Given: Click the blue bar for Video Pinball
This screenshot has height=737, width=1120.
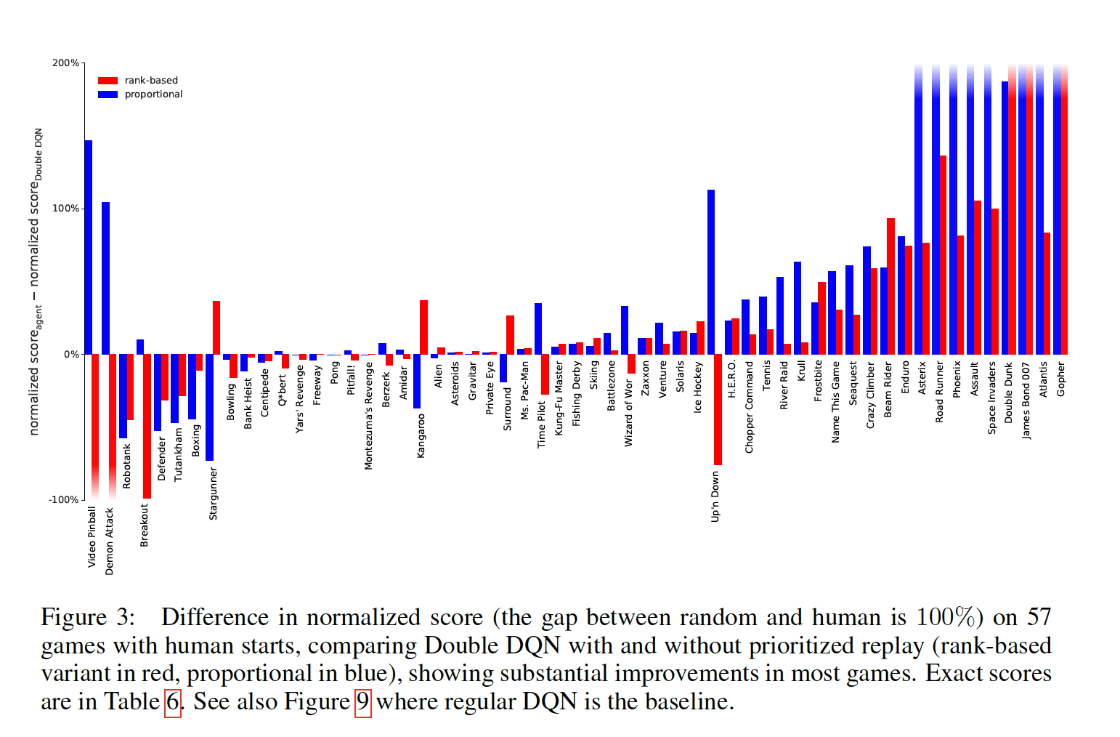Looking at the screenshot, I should [89, 247].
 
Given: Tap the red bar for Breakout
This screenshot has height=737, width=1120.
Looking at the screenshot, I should [147, 426].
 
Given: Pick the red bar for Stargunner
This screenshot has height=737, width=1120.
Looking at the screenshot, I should [216, 328].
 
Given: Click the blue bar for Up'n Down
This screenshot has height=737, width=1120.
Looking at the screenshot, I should [711, 272].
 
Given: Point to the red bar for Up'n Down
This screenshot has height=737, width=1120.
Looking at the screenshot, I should [718, 409].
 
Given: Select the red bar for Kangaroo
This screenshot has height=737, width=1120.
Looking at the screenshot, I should [424, 327].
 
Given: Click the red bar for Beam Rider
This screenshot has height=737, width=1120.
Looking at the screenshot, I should [890, 286].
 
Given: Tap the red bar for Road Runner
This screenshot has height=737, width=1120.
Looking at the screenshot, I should [943, 255].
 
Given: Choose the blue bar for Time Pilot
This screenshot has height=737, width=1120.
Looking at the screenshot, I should [538, 329].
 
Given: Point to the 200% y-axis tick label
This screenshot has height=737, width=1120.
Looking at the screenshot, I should [65, 63].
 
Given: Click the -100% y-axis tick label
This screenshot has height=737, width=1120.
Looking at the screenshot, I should [64, 500].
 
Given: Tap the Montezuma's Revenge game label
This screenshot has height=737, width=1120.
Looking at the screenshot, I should [368, 416].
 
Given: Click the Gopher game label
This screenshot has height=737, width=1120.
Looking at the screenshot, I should [1061, 379].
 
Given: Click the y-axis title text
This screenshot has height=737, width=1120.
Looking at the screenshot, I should [35, 282].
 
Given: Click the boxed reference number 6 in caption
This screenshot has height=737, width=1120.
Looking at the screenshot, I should [172, 702].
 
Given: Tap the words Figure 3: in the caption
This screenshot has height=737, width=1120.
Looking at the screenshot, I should [88, 618].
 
